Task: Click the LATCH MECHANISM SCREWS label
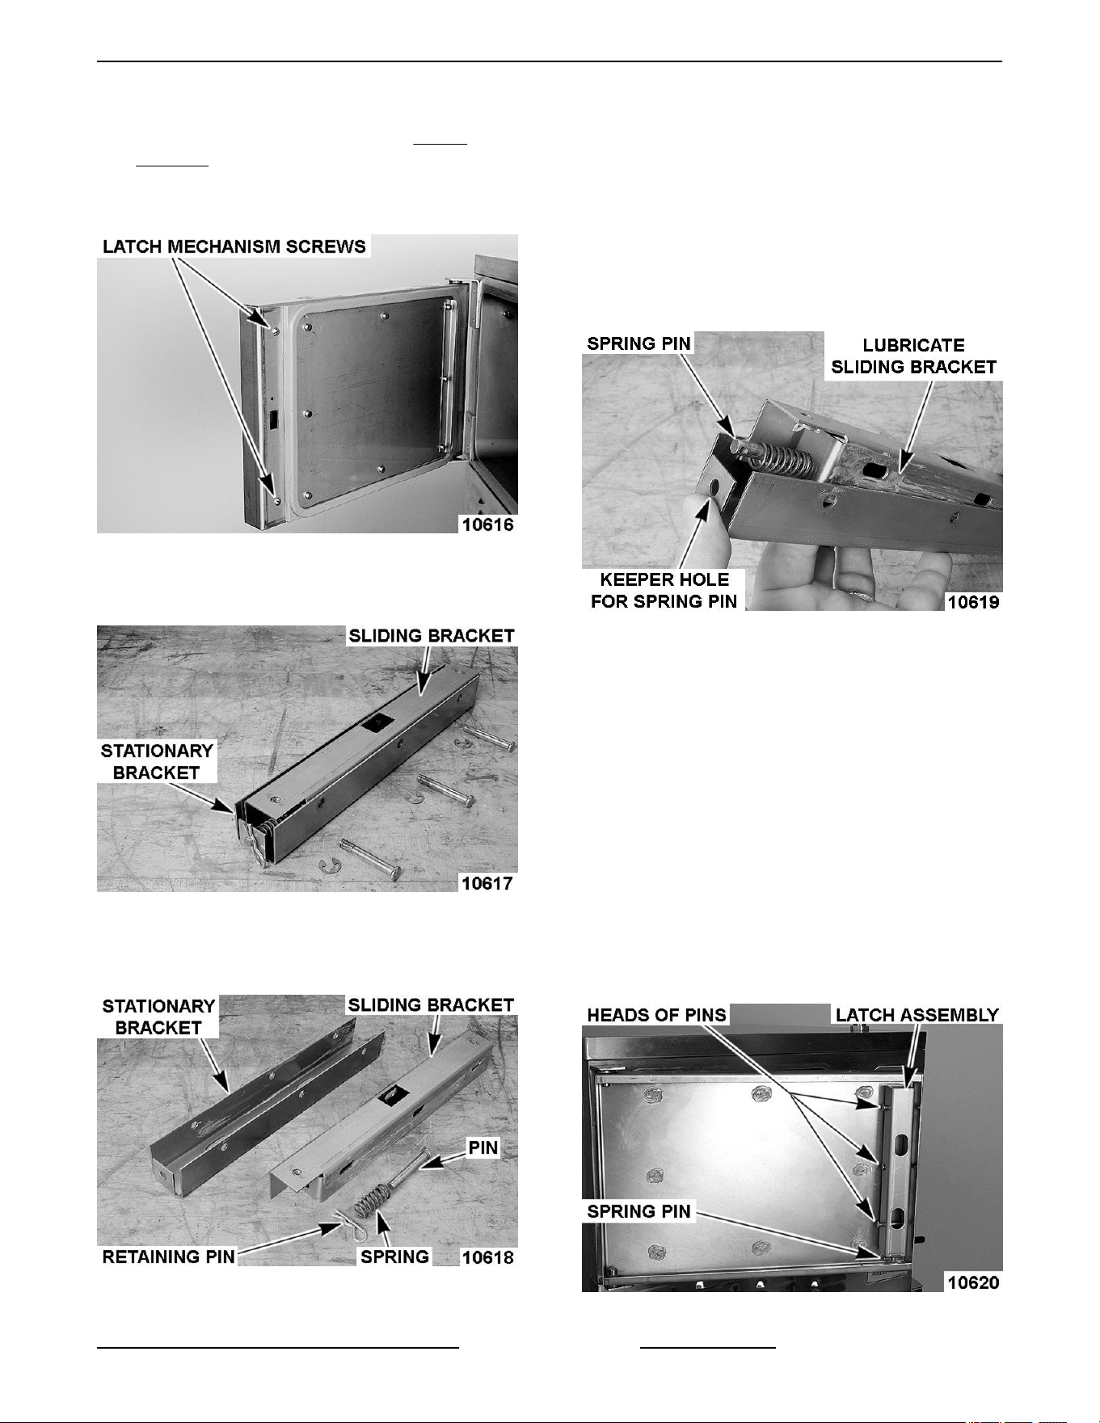click(x=234, y=246)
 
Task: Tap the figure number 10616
click(x=487, y=524)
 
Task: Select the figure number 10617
click(x=487, y=882)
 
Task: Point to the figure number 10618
click(x=487, y=1257)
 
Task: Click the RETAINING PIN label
click(x=168, y=1257)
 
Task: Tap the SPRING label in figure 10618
click(x=395, y=1257)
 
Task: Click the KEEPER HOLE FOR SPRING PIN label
click(x=664, y=590)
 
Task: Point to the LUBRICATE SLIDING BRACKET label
click(x=913, y=356)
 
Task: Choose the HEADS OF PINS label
click(x=657, y=1014)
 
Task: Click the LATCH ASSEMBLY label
click(x=917, y=1014)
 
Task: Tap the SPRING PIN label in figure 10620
click(x=639, y=1211)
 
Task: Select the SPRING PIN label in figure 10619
click(x=639, y=343)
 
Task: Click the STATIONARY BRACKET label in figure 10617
click(x=157, y=761)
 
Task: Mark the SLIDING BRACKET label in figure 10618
click(x=431, y=1005)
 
